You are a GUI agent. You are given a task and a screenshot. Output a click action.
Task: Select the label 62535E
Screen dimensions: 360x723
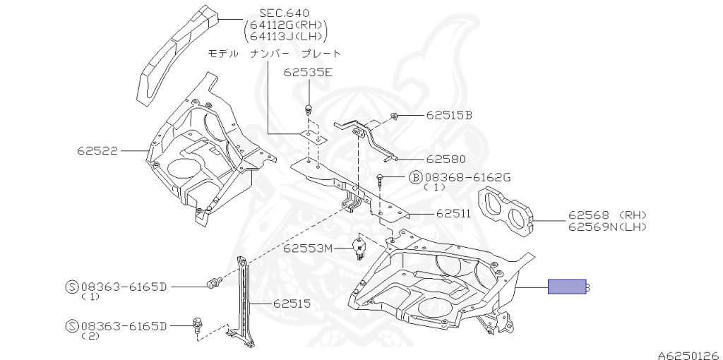click(x=308, y=72)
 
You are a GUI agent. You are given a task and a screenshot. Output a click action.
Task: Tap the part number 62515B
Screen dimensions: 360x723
click(x=448, y=115)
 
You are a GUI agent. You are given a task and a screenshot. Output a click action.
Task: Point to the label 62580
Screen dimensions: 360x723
click(x=443, y=160)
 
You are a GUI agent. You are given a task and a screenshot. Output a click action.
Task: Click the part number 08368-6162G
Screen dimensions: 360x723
click(x=466, y=176)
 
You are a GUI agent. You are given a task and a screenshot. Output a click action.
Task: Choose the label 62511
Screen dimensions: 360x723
click(x=453, y=212)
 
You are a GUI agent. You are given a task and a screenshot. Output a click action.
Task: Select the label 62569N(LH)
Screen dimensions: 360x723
click(x=607, y=227)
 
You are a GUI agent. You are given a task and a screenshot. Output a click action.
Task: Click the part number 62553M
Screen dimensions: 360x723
click(x=307, y=248)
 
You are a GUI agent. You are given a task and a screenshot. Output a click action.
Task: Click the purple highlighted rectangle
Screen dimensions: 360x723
click(x=567, y=287)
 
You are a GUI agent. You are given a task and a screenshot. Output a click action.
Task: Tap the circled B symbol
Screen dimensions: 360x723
click(x=415, y=176)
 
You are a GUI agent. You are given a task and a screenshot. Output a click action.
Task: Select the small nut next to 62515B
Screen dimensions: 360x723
click(x=395, y=116)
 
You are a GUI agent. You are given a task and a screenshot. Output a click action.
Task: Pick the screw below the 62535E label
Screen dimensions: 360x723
click(x=309, y=109)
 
